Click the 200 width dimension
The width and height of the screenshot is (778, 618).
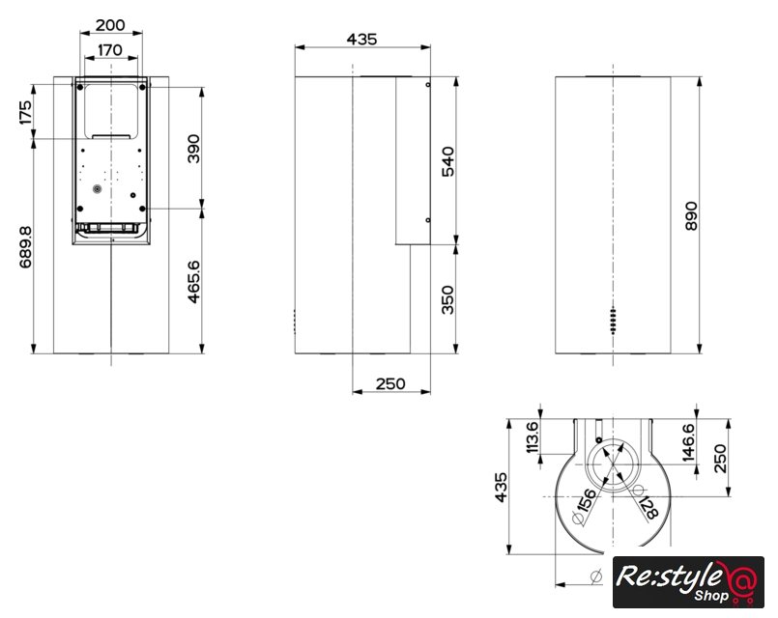click(110, 25)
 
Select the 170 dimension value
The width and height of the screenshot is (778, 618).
click(110, 50)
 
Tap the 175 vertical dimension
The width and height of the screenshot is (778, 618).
click(25, 112)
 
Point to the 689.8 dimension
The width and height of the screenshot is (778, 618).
click(25, 247)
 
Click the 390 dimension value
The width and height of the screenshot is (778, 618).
click(193, 148)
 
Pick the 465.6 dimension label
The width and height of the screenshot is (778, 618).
click(193, 282)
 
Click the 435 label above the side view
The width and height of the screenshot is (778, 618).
click(361, 39)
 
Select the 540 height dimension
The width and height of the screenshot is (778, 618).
click(447, 161)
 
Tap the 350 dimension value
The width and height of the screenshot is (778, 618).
click(447, 300)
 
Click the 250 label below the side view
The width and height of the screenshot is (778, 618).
click(390, 383)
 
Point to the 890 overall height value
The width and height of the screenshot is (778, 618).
click(691, 215)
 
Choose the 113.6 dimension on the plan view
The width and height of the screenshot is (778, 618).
click(532, 437)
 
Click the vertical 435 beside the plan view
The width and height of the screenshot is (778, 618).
click(502, 488)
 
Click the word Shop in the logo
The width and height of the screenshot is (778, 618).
click(711, 595)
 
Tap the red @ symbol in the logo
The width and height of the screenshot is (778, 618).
click(743, 577)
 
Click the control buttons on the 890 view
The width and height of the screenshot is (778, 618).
click(614, 321)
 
